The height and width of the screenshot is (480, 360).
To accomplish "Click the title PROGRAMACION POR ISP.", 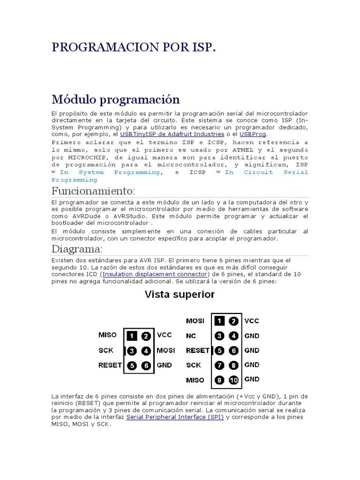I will click(x=134, y=48).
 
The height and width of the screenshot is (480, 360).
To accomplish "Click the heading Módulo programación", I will click(x=115, y=99).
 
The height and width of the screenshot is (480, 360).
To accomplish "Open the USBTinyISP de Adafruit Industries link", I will click(x=172, y=134).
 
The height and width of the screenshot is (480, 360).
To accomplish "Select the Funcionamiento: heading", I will click(x=93, y=191).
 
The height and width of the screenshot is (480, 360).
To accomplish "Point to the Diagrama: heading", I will click(x=77, y=248).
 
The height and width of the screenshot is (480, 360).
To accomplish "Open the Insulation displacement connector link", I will click(x=154, y=274).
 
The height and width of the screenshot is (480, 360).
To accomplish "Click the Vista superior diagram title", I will click(x=180, y=294).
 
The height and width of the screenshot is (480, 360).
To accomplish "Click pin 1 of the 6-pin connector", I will click(x=132, y=336).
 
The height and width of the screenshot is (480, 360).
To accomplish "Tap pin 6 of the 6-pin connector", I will click(x=146, y=365).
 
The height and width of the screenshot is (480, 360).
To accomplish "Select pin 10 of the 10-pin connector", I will click(x=233, y=380).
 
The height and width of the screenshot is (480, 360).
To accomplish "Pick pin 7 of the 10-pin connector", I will click(x=219, y=365).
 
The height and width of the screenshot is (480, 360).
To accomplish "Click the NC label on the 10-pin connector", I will click(x=191, y=336).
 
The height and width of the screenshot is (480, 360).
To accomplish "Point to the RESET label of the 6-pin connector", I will click(x=110, y=365).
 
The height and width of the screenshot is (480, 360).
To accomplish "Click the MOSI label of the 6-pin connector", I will click(x=166, y=350).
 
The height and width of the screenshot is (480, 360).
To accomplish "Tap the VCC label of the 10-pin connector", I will click(x=251, y=321).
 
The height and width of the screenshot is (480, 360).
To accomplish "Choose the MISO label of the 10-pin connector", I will click(x=195, y=380).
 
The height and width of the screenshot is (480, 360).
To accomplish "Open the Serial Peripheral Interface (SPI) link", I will click(x=175, y=417).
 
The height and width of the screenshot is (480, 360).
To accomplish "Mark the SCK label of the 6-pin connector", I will click(x=106, y=350).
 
